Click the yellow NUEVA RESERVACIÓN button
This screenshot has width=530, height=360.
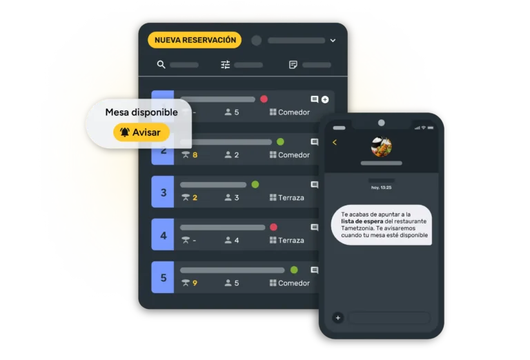click(x=195, y=40)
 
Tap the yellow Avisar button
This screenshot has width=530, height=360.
click(x=141, y=132)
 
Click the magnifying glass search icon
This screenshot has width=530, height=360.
click(x=161, y=65)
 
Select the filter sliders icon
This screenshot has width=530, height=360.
click(x=225, y=65)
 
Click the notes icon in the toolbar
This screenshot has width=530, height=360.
click(x=293, y=65)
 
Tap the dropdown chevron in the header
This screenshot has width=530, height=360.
click(x=333, y=41)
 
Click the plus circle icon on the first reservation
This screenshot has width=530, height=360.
click(x=325, y=99)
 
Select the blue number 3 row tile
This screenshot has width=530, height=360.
click(x=163, y=192)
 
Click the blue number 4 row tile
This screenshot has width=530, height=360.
click(x=163, y=234)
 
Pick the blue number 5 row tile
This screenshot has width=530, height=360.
click(x=163, y=277)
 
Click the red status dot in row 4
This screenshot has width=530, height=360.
click(x=273, y=227)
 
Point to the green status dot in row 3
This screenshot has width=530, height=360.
click(x=255, y=184)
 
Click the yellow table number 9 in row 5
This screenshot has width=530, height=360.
click(x=195, y=283)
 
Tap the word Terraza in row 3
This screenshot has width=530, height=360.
click(x=291, y=197)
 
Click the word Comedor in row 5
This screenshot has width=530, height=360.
click(x=294, y=283)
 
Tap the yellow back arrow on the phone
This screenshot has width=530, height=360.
click(x=335, y=142)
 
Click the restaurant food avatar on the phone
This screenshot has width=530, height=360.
click(x=381, y=147)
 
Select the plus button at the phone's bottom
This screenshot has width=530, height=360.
click(x=337, y=317)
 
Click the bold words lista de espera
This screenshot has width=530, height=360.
click(x=362, y=221)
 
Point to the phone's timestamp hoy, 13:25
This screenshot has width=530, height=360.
click(x=381, y=188)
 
